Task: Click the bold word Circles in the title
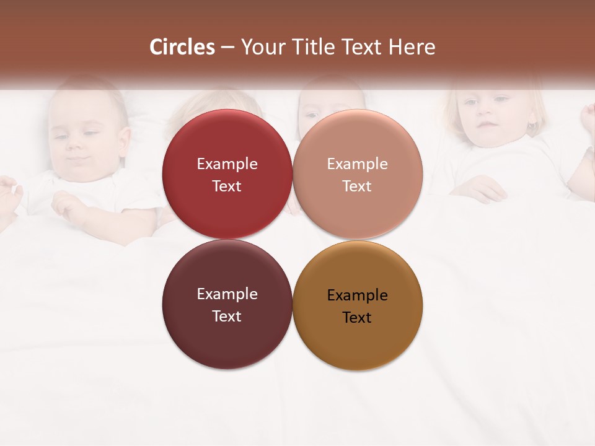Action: pyautogui.click(x=182, y=47)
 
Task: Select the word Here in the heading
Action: pyautogui.click(x=412, y=47)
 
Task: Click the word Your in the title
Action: pyautogui.click(x=262, y=47)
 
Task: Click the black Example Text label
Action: pyautogui.click(x=357, y=306)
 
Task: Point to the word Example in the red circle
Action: pyautogui.click(x=227, y=164)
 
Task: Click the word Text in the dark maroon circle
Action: pyautogui.click(x=227, y=317)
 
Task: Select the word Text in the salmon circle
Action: pyautogui.click(x=357, y=186)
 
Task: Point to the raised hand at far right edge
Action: pyautogui.click(x=588, y=118)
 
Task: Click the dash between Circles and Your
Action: pyautogui.click(x=227, y=48)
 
